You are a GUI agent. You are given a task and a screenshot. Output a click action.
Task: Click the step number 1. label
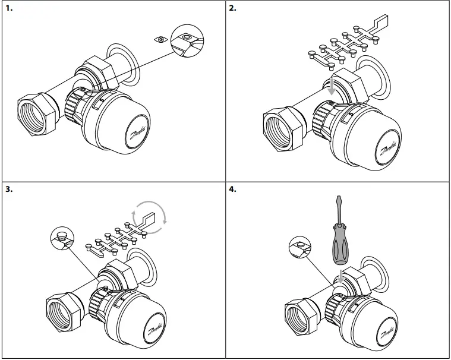8,9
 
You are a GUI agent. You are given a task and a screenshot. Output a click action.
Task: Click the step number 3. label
8,190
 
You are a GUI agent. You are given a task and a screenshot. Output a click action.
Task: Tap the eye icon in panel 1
160,39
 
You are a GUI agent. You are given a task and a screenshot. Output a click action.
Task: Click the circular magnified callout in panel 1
187,42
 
